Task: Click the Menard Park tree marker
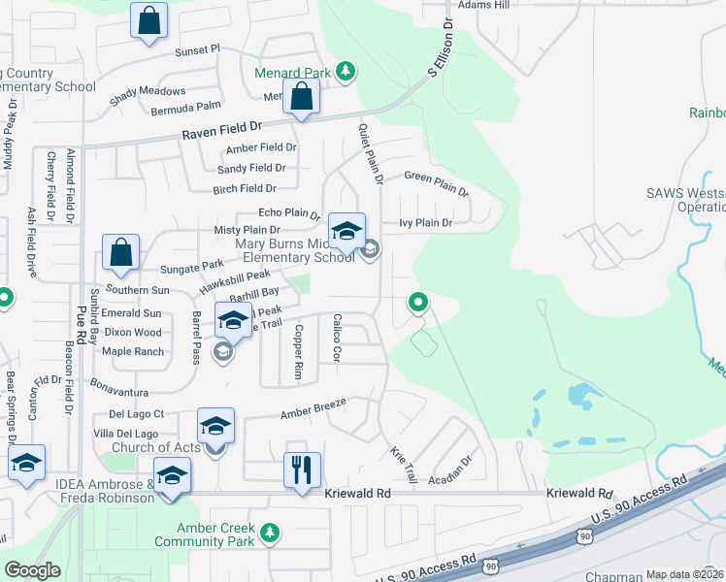pos(344,71)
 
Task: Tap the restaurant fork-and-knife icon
pos(302,469)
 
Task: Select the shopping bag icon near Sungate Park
pos(121,252)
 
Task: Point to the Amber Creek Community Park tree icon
pos(270,532)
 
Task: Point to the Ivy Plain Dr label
pos(426,223)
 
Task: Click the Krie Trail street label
pos(404,466)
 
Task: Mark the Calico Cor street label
pos(336,339)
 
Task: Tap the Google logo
pos(33,570)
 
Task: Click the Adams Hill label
pos(483,5)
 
